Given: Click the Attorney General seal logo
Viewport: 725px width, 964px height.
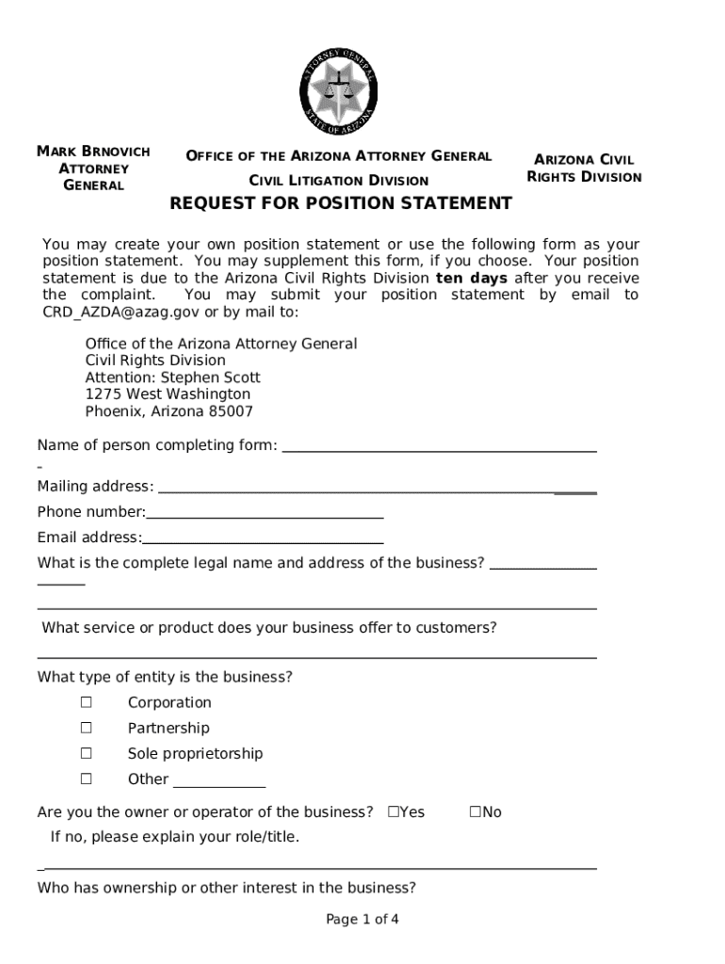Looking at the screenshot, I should (x=339, y=91).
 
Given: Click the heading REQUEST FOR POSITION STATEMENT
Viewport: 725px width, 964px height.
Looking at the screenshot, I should (x=340, y=203).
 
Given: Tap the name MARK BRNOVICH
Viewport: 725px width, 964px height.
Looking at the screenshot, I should (x=93, y=152).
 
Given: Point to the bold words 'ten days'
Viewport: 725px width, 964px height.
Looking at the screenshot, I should (x=471, y=279).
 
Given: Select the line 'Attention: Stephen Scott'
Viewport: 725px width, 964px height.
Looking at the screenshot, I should (x=172, y=378).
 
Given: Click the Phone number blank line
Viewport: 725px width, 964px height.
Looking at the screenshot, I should (x=265, y=517).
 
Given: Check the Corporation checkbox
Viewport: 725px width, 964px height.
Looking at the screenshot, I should (x=87, y=702).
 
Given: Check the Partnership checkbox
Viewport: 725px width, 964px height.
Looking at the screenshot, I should (x=87, y=728).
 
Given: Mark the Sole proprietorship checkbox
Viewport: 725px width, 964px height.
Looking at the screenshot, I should (x=87, y=753).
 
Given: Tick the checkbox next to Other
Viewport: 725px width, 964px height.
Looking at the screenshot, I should (x=87, y=779).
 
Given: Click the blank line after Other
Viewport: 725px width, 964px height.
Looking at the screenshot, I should (x=219, y=785).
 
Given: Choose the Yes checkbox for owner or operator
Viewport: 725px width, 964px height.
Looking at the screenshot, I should (x=394, y=811).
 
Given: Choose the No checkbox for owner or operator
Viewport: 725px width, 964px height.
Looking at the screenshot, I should (x=475, y=811).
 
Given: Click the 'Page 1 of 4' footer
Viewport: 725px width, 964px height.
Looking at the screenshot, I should (x=362, y=920).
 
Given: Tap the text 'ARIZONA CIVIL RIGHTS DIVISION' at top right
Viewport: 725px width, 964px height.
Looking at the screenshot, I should (x=584, y=169).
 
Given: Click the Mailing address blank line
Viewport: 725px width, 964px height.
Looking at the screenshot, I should (x=377, y=491).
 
